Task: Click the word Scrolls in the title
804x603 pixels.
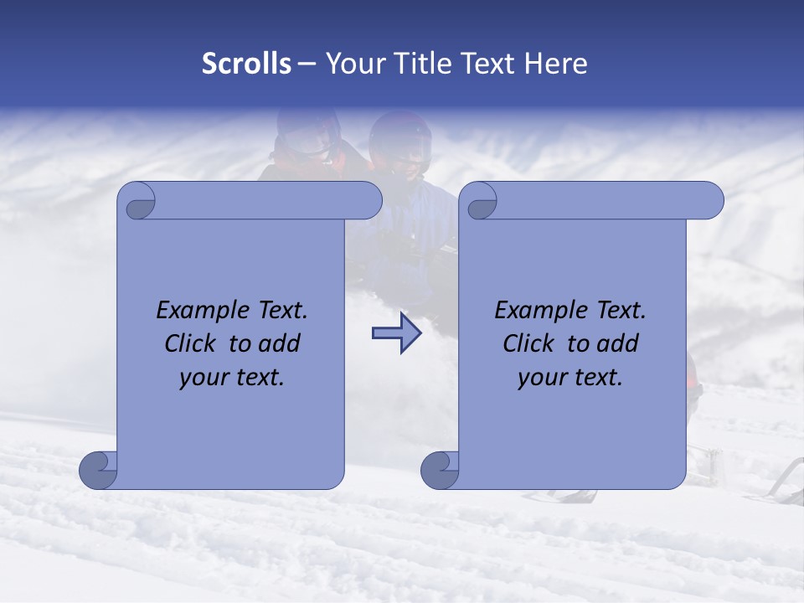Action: point(246,64)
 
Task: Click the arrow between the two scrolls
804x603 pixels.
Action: point(396,333)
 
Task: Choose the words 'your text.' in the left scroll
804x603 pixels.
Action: point(232,378)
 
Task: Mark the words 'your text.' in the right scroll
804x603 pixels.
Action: point(570,378)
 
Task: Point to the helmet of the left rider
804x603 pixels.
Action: point(307,134)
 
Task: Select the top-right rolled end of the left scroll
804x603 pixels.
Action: point(368,200)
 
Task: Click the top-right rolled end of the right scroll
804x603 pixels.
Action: point(710,200)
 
